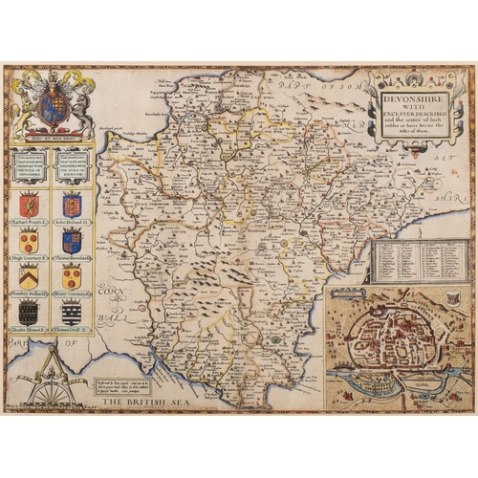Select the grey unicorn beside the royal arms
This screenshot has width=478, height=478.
(x=77, y=98)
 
